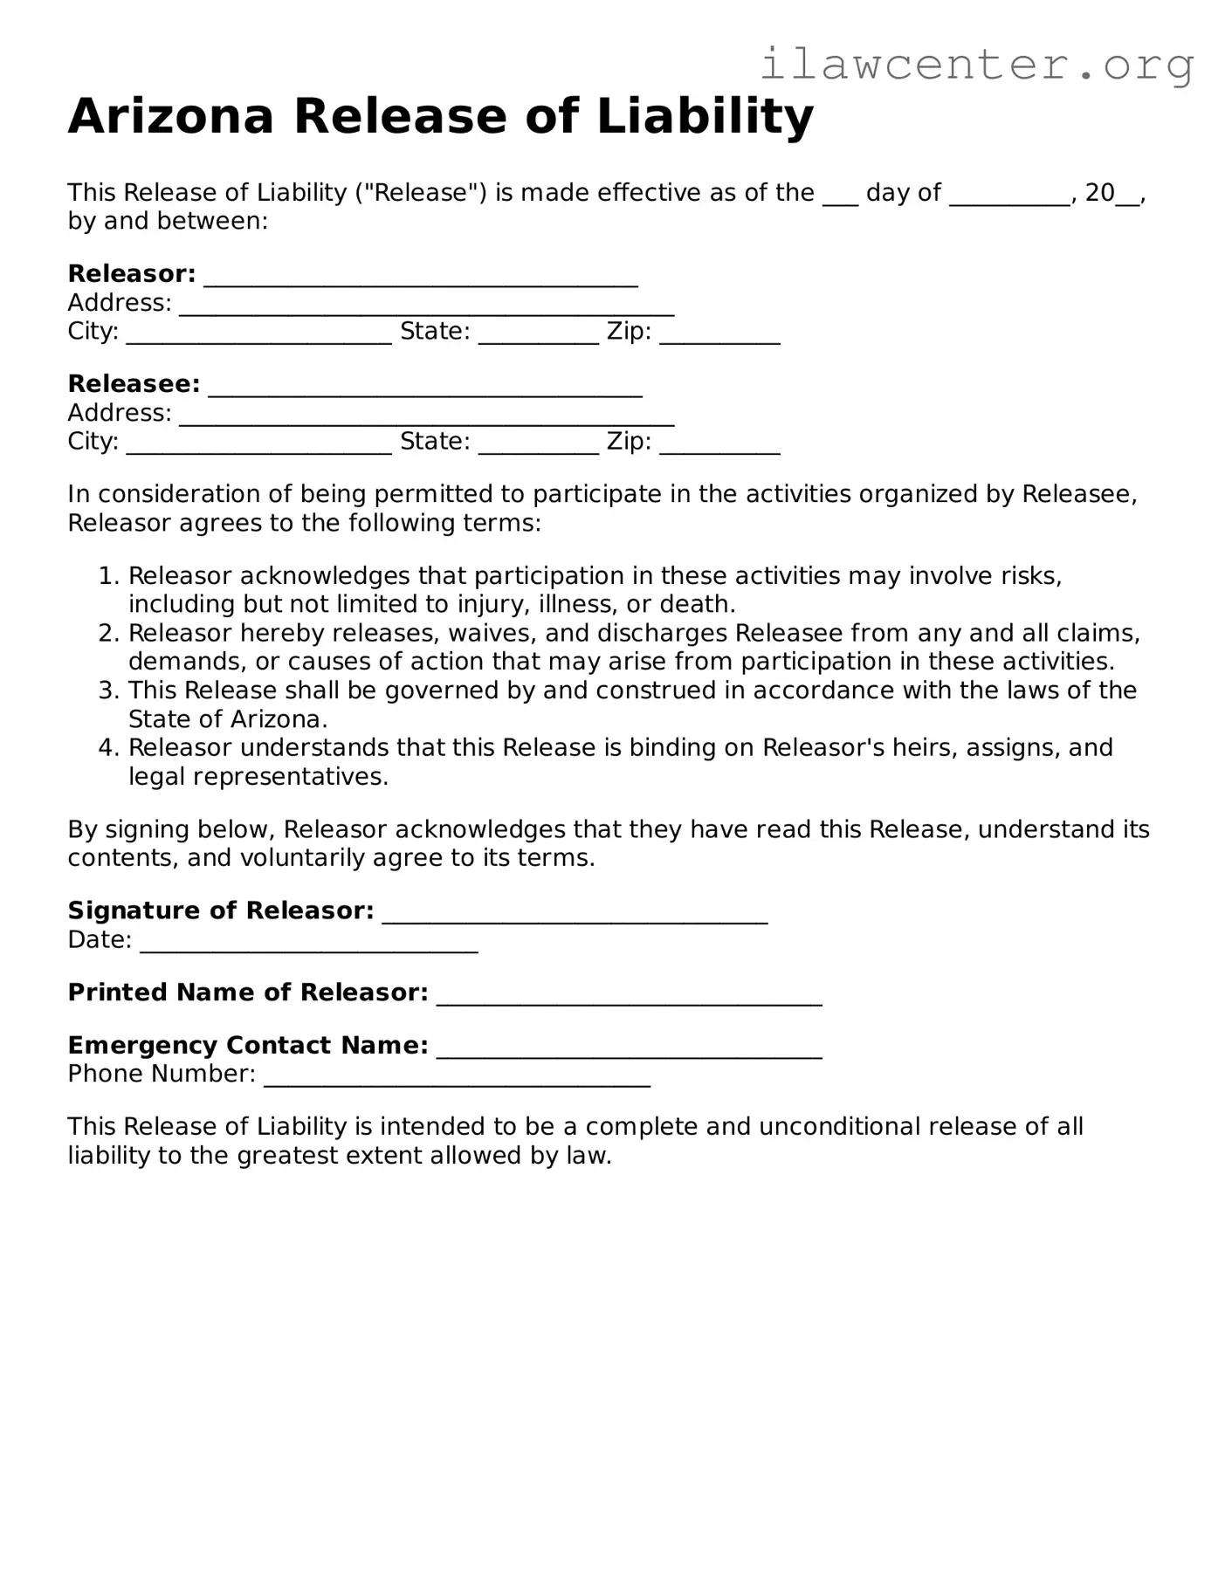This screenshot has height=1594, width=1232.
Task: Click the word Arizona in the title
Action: click(x=171, y=116)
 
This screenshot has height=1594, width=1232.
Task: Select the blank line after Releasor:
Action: click(x=420, y=278)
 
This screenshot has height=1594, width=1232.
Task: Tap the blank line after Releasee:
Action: click(x=425, y=388)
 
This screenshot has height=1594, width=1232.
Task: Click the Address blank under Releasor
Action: click(x=426, y=306)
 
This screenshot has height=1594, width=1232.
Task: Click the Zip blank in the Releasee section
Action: click(x=719, y=445)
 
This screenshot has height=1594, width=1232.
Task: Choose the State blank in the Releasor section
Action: click(x=538, y=335)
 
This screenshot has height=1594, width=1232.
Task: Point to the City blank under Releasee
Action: click(x=258, y=445)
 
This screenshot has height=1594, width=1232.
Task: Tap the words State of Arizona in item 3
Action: click(x=227, y=719)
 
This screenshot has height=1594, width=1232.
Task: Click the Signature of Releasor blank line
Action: click(x=575, y=914)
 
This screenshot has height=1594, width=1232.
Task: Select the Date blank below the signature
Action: click(x=308, y=944)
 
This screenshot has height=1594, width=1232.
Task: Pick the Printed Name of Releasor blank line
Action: click(x=629, y=996)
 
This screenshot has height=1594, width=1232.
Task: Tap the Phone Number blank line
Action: click(x=457, y=1077)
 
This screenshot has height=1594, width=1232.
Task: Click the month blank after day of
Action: click(x=1009, y=196)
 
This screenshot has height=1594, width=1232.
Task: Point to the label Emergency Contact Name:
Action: click(x=248, y=1045)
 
